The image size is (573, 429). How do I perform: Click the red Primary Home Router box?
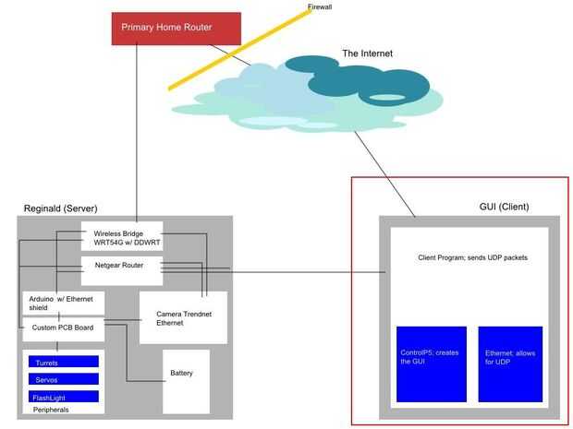pyautogui.click(x=176, y=28)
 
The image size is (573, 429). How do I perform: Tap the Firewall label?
pyautogui.click(x=320, y=6)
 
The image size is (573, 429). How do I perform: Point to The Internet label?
pyautogui.click(x=367, y=54)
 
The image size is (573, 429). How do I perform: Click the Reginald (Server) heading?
pyautogui.click(x=60, y=209)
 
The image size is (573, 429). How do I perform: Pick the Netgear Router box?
pyautogui.click(x=121, y=266)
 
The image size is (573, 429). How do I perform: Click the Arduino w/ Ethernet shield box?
pyautogui.click(x=64, y=303)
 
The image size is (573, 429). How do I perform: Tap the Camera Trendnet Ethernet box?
pyautogui.click(x=182, y=318)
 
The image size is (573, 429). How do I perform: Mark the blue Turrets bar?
pyautogui.click(x=63, y=362)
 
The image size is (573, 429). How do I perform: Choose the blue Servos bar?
pyautogui.click(x=63, y=379)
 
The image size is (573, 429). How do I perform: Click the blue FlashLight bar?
pyautogui.click(x=63, y=397)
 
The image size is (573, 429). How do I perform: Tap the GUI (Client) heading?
pyautogui.click(x=504, y=207)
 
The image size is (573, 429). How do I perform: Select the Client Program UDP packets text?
pyautogui.click(x=472, y=257)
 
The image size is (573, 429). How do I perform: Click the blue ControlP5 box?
pyautogui.click(x=432, y=363)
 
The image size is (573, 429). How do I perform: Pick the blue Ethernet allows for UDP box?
pyautogui.click(x=509, y=363)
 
